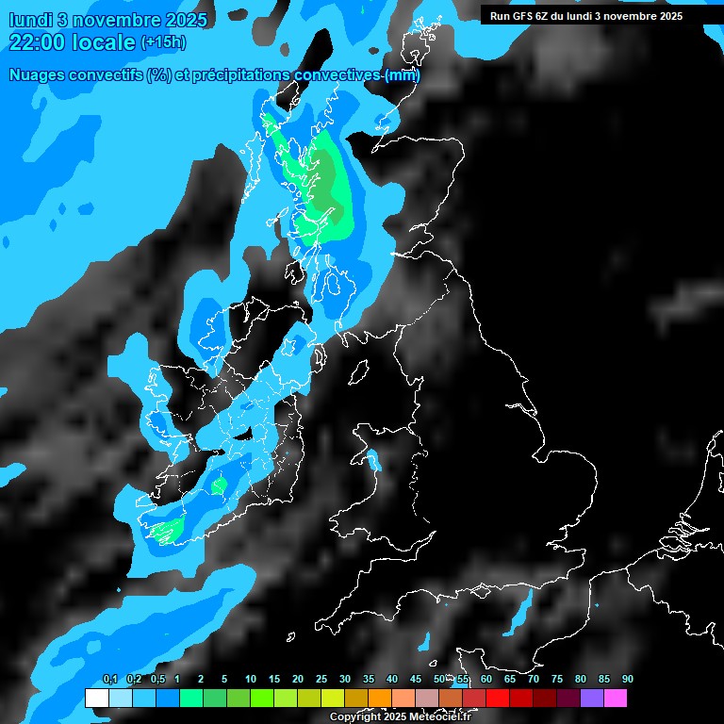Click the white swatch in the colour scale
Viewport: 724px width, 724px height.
pyautogui.click(x=96, y=699)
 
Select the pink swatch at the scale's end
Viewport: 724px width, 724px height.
pyautogui.click(x=616, y=699)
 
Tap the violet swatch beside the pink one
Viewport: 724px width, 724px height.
pyautogui.click(x=592, y=699)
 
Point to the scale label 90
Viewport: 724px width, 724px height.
pyautogui.click(x=628, y=680)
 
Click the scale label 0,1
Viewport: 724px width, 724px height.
pyautogui.click(x=110, y=680)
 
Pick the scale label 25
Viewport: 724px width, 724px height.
pyautogui.click(x=321, y=680)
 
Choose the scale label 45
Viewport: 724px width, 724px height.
pyautogui.click(x=416, y=680)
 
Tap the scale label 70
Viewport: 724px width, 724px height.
pyautogui.click(x=534, y=680)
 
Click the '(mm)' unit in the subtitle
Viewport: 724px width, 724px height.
pyautogui.click(x=403, y=75)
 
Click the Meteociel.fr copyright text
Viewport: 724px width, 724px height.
pyautogui.click(x=400, y=717)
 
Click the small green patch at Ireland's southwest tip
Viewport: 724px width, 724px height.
pyautogui.click(x=168, y=531)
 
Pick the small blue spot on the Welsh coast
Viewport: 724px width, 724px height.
pyautogui.click(x=374, y=461)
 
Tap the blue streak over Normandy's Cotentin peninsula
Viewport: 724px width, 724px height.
pyautogui.click(x=518, y=617)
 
